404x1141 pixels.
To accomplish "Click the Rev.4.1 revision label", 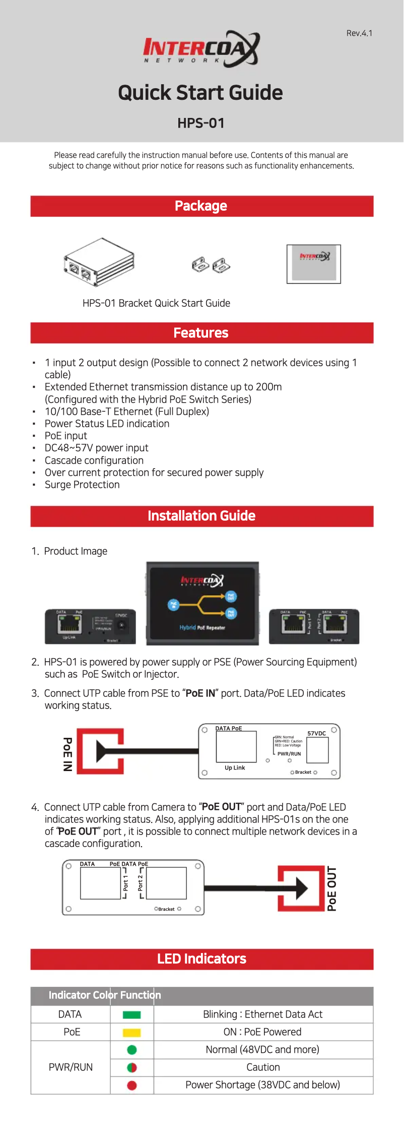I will pos(359,33).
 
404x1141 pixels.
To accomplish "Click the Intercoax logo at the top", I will pos(201,49).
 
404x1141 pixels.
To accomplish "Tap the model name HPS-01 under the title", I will pos(201,123).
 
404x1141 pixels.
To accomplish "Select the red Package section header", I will pos(201,206).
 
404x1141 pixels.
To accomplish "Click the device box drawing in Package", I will pos(99,262).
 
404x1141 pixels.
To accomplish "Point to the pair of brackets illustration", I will pos(211,265).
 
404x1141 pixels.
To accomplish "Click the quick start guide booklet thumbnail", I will pos(314,264).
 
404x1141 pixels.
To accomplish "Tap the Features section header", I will pos(201,333).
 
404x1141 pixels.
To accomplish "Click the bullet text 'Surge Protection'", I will pos(82,485).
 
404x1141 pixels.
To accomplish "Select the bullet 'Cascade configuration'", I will pos(94,461).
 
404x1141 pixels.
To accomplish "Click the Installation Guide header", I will pos(201,516).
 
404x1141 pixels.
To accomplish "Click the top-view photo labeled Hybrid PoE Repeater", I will pos(203,603).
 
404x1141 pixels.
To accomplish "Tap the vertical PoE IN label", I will pos(68,754).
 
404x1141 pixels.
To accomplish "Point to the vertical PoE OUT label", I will pos(332,889).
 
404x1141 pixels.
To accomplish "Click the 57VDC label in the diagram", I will pos(316,733).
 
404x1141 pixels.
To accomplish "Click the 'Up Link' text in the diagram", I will pos(235,768).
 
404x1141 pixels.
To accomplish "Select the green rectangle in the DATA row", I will pos(132,1015).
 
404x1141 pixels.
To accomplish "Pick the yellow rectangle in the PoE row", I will pos(132,1033).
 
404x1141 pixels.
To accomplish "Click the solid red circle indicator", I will pos(132,1086).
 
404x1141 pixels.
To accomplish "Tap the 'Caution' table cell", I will pos(263,1067).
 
